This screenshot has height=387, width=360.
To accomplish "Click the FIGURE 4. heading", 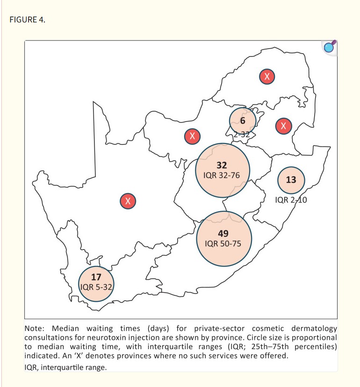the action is pyautogui.click(x=28, y=20).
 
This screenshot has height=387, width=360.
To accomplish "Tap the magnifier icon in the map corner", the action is pyautogui.click(x=330, y=47).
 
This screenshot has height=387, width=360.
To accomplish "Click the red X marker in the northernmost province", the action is pyautogui.click(x=267, y=77).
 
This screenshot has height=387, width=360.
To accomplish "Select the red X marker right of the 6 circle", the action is pyautogui.click(x=283, y=126).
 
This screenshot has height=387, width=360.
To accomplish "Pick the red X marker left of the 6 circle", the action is pyautogui.click(x=192, y=136).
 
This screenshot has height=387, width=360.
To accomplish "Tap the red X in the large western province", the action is pyautogui.click(x=128, y=201).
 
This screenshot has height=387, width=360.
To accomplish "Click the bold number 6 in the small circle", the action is pyautogui.click(x=243, y=121).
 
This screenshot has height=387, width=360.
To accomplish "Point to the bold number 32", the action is pyautogui.click(x=222, y=165).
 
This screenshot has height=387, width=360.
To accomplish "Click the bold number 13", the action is pyautogui.click(x=291, y=179).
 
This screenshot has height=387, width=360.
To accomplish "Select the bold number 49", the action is pyautogui.click(x=223, y=234).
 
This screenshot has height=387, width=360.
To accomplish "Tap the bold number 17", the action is pyautogui.click(x=96, y=277).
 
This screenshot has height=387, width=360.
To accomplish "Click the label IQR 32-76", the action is pyautogui.click(x=222, y=175).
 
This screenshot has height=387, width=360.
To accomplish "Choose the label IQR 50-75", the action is pyautogui.click(x=223, y=244).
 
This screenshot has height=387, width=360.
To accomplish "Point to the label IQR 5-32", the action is pyautogui.click(x=96, y=287).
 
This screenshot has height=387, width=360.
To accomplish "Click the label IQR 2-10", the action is pyautogui.click(x=291, y=200).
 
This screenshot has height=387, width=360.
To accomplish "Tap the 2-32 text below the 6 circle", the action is pyautogui.click(x=242, y=135).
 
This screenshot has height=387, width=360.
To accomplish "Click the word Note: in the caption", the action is pyautogui.click(x=34, y=329).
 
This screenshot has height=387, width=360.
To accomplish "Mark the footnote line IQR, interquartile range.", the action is pyautogui.click(x=65, y=367).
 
